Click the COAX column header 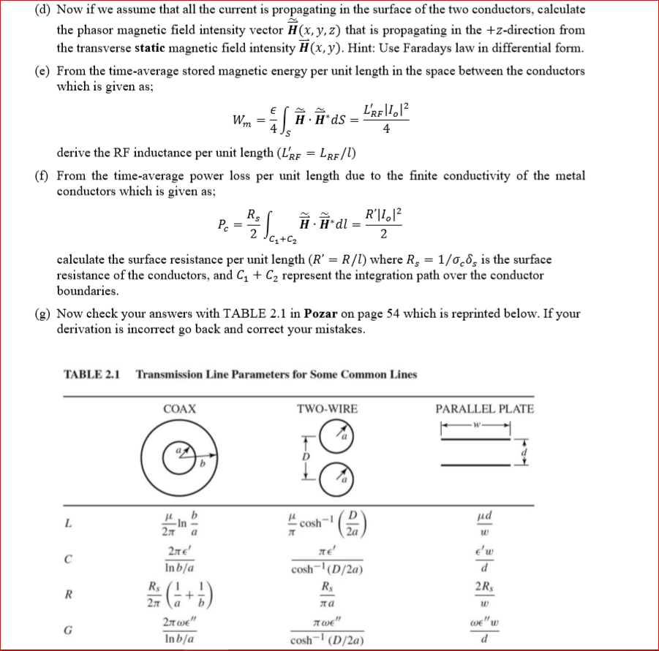[x=178, y=408]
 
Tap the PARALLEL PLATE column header [x=484, y=408]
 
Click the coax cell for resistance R [x=178, y=593]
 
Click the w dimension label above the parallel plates [x=483, y=426]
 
